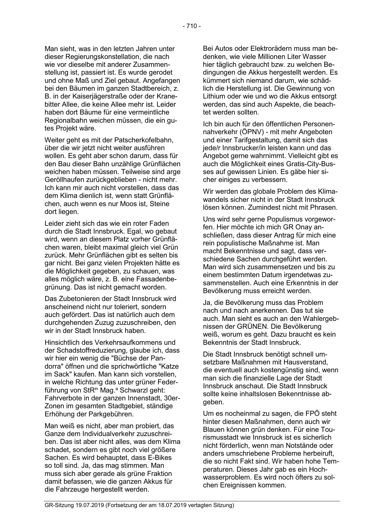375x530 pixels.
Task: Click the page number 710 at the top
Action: (192, 26)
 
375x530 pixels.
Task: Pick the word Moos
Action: (120, 204)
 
